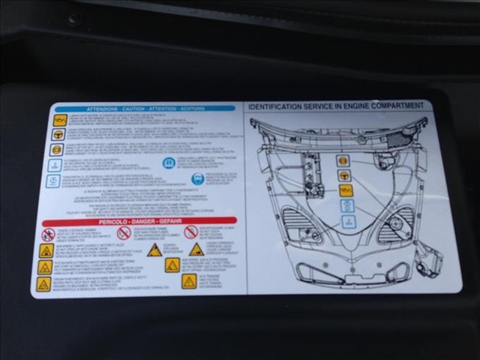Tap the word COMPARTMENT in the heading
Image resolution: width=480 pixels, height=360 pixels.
point(402,106)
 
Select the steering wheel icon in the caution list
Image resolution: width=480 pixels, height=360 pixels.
point(58,135)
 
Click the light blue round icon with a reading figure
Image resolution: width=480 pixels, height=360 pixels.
point(197,178)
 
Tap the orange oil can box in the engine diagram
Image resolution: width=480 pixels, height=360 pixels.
point(346,190)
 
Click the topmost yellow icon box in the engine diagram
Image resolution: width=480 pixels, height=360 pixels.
point(343,160)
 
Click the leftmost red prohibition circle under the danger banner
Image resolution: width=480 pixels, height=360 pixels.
point(47,235)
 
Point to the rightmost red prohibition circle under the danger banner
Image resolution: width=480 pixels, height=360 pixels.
point(191,232)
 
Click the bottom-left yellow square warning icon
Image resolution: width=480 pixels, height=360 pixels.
point(43,284)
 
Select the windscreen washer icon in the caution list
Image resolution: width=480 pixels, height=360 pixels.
point(54,165)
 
